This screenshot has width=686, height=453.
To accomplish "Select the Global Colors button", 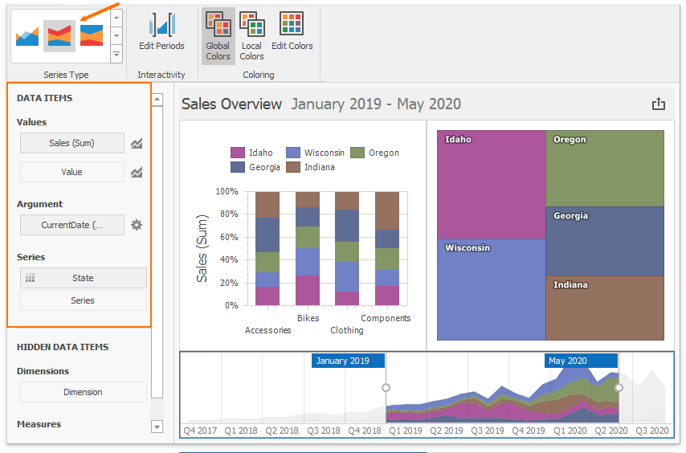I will pos(218,36).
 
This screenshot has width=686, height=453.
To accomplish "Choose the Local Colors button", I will pos(252,36).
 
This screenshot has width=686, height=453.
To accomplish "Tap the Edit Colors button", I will pos(292,32).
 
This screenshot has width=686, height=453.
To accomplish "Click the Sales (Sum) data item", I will pos(72,143).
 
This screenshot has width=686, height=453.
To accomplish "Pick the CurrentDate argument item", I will pos(72,225).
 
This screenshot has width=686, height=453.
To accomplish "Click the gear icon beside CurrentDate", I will pos(137,225).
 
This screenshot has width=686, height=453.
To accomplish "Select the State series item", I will pos(83,278).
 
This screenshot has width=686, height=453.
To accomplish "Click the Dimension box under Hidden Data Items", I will pos(83,392).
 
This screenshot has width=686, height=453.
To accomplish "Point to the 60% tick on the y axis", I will pos(227,237).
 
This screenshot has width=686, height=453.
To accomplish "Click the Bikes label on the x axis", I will pos(308,318).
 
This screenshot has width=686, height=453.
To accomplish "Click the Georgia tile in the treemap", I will pos(605,241).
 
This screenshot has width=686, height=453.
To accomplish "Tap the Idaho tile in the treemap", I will pos(492,185).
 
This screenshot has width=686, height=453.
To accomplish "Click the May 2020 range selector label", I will pos(581,361).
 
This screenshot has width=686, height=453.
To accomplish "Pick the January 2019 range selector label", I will pos(348,361).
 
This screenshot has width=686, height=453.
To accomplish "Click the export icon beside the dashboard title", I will pos(659,104).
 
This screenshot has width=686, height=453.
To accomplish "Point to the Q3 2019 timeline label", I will pos(488,431).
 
